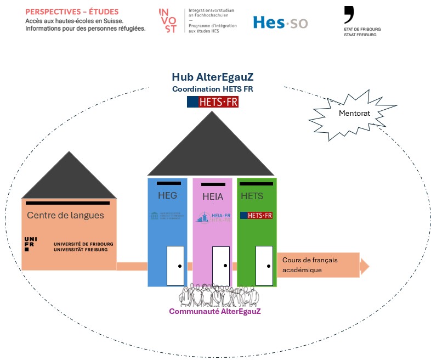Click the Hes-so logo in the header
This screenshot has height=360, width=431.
tap(280, 22)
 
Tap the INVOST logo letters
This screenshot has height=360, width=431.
tap(167, 21)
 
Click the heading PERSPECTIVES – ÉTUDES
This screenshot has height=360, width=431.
tap(72, 12)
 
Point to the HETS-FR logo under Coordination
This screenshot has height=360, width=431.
tap(213, 102)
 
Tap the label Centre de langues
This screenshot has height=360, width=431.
tap(65, 215)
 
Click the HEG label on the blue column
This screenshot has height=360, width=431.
tap(168, 195)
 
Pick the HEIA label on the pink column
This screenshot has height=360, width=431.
tap(213, 196)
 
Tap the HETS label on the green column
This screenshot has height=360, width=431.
tap(252, 196)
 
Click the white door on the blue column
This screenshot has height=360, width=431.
tap(175, 266)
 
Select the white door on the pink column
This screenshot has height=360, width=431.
tap(220, 266)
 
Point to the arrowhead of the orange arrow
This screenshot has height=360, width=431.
tap(364, 266)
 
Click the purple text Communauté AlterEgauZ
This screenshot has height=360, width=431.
tap(214, 311)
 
